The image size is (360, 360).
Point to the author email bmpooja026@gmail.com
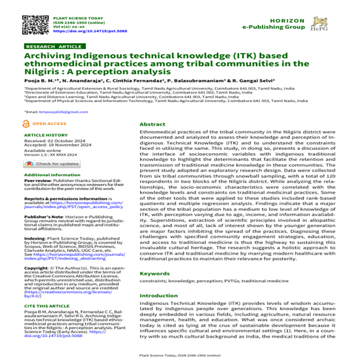tap(51, 113)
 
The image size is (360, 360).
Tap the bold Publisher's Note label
tap(39, 215)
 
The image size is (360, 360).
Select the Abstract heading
tap(153, 124)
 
